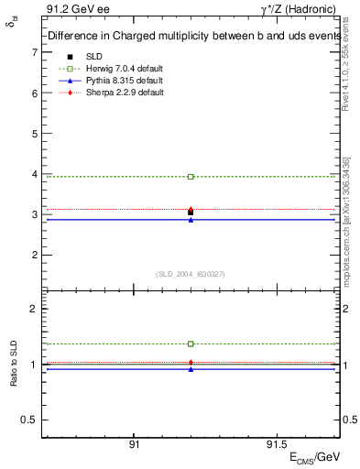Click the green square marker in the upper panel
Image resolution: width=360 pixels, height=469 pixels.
click(191, 176)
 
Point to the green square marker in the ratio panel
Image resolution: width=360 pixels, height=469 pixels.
click(191, 344)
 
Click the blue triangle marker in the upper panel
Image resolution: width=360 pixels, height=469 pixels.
click(191, 220)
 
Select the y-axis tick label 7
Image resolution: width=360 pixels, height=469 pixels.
click(34, 53)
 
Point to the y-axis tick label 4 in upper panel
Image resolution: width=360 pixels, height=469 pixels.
click(34, 174)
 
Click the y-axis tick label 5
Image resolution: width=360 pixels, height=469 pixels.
click(34, 134)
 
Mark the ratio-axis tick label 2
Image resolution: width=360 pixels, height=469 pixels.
click(34, 309)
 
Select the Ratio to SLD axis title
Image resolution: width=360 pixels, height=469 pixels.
click(15, 365)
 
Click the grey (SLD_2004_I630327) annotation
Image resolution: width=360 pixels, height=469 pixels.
click(191, 273)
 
